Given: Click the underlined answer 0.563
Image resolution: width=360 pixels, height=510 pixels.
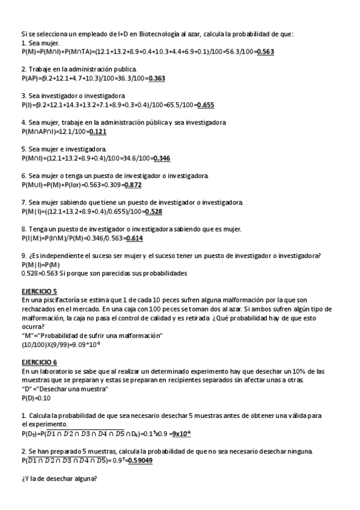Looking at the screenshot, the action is point(264,52).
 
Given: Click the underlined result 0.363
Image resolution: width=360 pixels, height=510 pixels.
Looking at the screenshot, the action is point(157,78).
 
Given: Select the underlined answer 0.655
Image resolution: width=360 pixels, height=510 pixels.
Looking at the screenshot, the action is point(206,105).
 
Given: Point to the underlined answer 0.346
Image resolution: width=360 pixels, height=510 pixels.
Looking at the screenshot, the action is point(162,158).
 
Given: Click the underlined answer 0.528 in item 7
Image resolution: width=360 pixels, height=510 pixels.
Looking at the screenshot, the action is point(153,212).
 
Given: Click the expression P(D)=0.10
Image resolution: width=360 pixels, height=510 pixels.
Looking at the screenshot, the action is point(36,398).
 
